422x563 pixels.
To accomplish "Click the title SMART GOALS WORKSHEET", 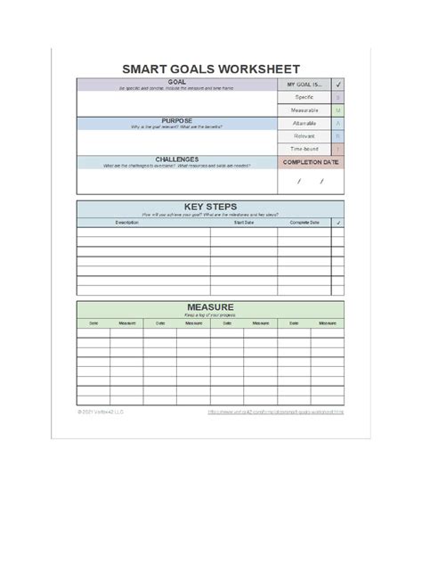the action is [x=210, y=69].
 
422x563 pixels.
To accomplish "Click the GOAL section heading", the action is [x=176, y=82].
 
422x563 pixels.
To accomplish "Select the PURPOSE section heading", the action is [x=176, y=119].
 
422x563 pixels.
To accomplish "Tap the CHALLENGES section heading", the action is [x=176, y=159].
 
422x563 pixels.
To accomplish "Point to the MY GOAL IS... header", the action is [x=304, y=85].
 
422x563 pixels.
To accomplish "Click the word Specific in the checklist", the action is [x=304, y=97].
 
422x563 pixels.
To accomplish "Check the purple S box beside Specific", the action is [x=337, y=97].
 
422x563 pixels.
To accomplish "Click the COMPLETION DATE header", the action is [x=311, y=162].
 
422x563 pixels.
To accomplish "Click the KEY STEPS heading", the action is [x=209, y=206].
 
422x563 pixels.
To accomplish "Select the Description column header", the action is [x=126, y=222].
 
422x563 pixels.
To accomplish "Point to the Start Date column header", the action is [x=244, y=222].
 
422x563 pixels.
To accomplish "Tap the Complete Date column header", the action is [x=304, y=222].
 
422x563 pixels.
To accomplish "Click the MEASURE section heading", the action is [x=209, y=306].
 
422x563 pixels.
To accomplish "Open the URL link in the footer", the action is [x=275, y=412].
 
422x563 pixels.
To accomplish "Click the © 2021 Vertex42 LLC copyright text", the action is [x=101, y=412].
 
